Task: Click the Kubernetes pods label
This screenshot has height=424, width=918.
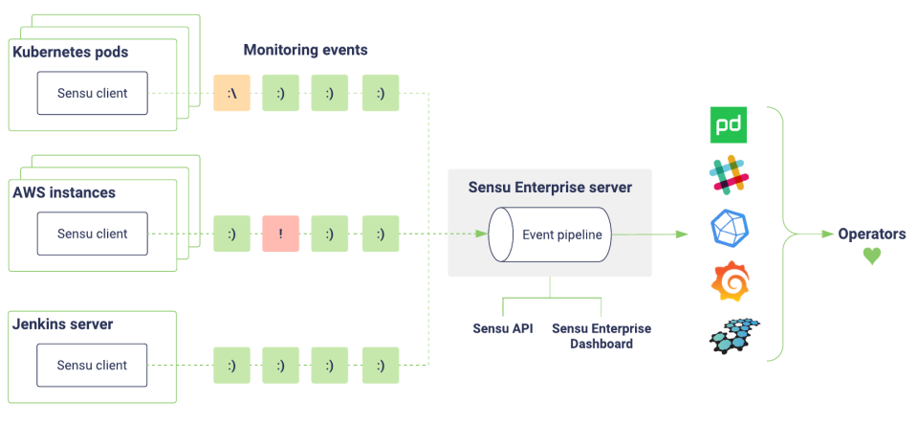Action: tap(71, 52)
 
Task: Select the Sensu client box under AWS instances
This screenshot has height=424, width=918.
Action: tap(92, 234)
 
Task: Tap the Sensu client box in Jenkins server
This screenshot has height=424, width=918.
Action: tap(92, 365)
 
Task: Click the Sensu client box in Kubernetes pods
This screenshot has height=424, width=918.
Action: tap(92, 94)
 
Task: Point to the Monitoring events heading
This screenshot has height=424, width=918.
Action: tap(305, 50)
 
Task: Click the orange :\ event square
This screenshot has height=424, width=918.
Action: tap(231, 94)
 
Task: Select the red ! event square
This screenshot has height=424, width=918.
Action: tap(280, 234)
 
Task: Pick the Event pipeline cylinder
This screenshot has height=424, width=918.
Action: tap(550, 234)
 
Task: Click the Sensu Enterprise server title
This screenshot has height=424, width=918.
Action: tap(550, 188)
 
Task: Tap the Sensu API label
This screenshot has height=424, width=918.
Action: tap(503, 328)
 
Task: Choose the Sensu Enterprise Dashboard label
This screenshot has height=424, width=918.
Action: tap(601, 336)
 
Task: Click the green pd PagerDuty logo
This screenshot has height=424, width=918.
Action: tap(729, 126)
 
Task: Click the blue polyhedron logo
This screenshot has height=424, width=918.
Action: tap(730, 228)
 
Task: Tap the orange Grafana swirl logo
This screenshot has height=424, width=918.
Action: tap(730, 280)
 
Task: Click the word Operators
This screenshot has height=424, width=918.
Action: tap(871, 234)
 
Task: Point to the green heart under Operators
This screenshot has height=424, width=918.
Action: tap(871, 257)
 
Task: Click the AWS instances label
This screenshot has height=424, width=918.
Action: tap(64, 192)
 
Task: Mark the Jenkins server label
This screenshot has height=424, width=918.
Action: tap(63, 324)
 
